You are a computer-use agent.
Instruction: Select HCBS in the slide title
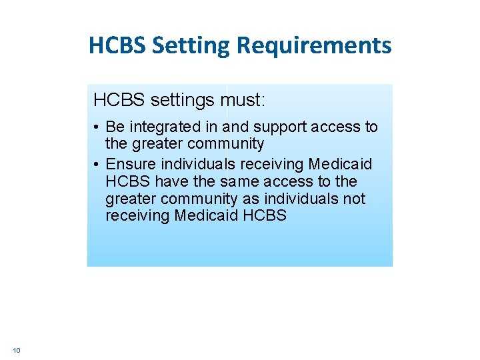click(x=117, y=46)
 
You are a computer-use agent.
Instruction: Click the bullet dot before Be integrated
click(x=97, y=127)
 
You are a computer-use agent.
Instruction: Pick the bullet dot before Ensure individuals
click(x=97, y=165)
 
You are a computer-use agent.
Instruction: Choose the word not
click(x=354, y=199)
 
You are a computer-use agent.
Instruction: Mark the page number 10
click(x=17, y=350)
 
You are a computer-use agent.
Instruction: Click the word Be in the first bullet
click(x=115, y=127)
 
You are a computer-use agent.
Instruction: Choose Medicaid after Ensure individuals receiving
click(x=341, y=164)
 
